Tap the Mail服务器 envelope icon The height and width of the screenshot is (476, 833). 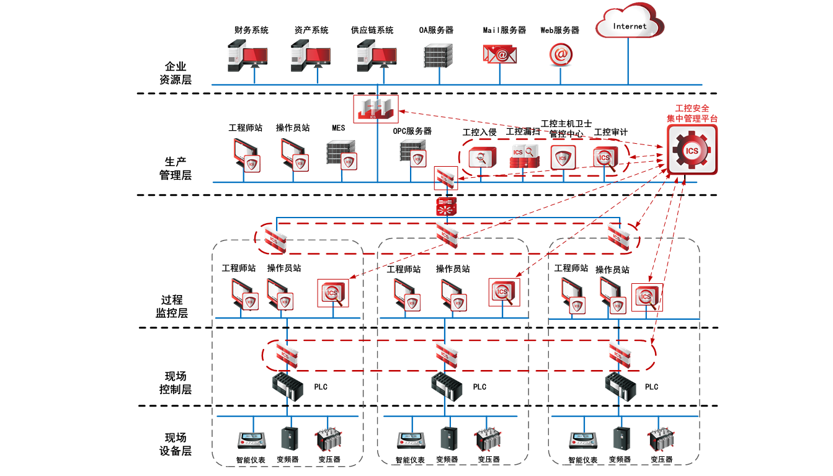click(499, 55)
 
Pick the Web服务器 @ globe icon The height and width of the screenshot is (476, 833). click(560, 55)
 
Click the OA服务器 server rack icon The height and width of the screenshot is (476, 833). click(438, 56)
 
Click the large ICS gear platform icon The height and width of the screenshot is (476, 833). click(692, 150)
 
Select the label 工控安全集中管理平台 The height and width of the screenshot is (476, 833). click(692, 113)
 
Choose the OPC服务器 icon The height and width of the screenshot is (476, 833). click(413, 152)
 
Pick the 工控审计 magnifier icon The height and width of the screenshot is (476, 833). click(604, 159)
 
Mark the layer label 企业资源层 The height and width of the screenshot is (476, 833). click(176, 73)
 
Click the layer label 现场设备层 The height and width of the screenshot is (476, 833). click(176, 444)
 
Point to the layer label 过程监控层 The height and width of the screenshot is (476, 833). click(174, 306)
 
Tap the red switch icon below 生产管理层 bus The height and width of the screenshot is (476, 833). click(445, 206)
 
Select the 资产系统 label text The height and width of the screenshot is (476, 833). click(311, 30)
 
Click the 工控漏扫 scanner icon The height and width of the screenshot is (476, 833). click(522, 157)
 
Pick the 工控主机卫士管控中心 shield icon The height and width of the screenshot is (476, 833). click(563, 157)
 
